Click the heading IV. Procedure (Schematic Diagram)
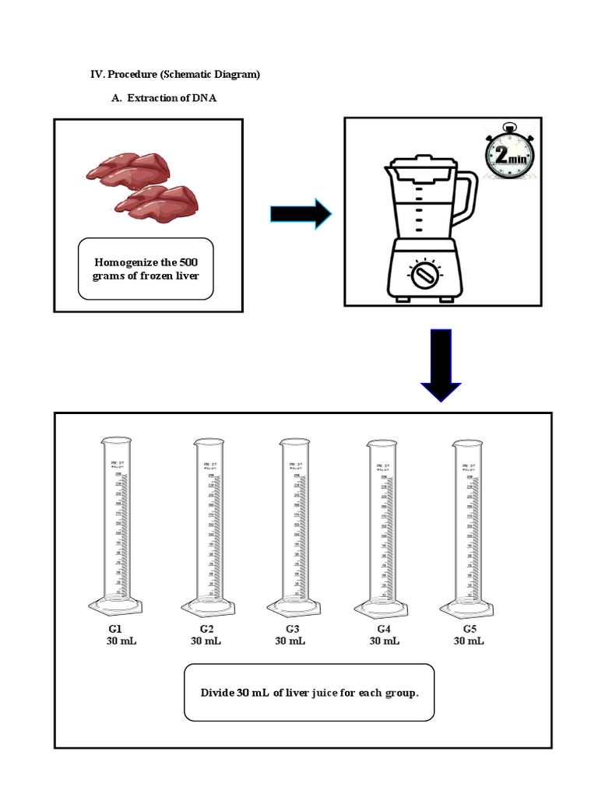[175, 75]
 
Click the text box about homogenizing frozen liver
[146, 269]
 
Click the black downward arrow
[441, 364]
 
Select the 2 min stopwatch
[509, 159]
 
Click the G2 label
[206, 628]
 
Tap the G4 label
[384, 628]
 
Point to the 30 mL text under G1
[121, 641]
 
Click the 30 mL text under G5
[469, 641]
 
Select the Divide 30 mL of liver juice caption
[309, 692]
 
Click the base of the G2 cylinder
[206, 607]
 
